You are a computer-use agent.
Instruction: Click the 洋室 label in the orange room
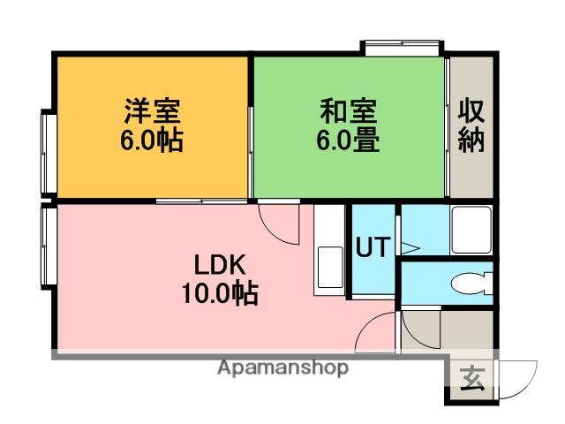(x=152, y=112)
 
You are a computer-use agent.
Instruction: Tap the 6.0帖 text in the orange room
(x=152, y=140)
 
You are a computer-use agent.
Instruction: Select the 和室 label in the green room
(x=348, y=112)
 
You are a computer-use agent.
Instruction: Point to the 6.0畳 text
(x=348, y=140)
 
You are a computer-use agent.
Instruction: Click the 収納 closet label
(x=471, y=125)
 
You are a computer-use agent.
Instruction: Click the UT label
(x=372, y=248)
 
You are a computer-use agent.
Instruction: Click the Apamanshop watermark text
(x=282, y=367)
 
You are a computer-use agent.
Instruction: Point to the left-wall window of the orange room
(x=48, y=152)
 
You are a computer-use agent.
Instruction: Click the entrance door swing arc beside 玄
(x=521, y=378)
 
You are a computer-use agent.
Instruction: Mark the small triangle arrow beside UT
(x=409, y=248)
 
